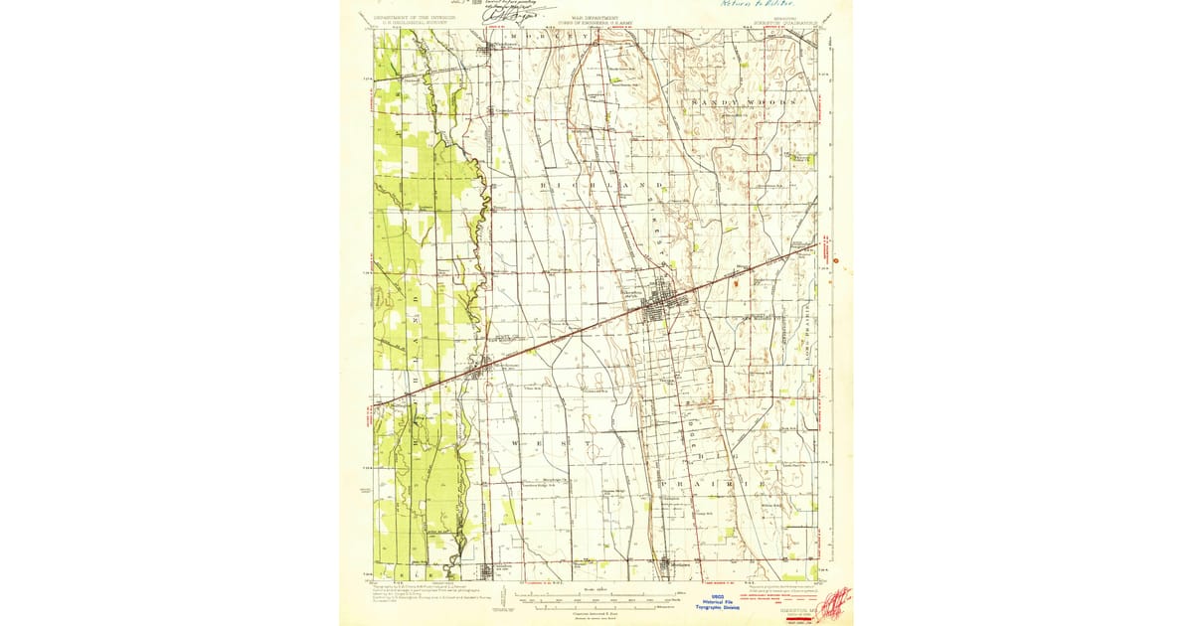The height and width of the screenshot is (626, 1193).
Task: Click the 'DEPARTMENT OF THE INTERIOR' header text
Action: (x=414, y=17)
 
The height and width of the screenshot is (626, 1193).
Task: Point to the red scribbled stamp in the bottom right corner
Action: (x=834, y=600)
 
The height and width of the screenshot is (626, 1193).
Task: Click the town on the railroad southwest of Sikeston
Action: (x=480, y=373)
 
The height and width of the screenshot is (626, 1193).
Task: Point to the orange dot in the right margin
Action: (x=838, y=262)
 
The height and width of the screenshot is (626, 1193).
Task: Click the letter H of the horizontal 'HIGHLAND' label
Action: (x=544, y=186)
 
